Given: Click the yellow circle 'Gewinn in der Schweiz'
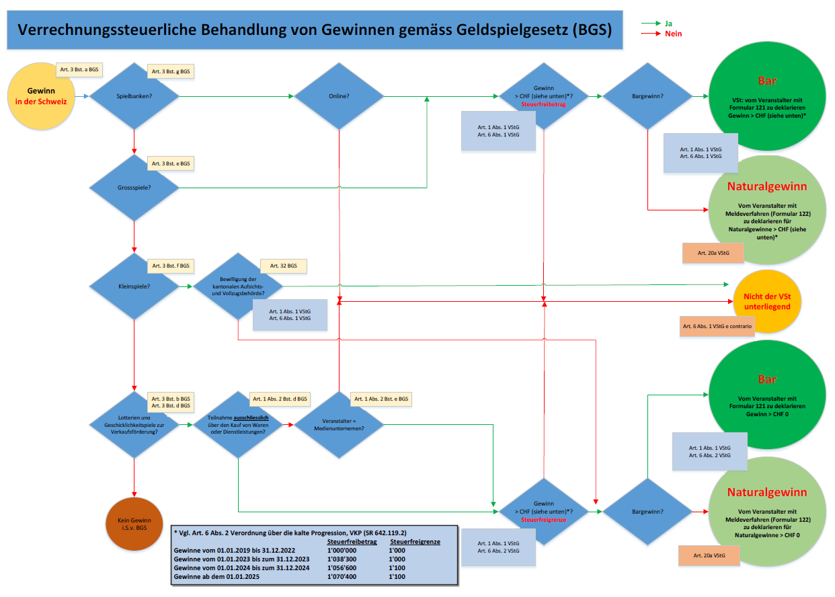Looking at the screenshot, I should [x=41, y=95].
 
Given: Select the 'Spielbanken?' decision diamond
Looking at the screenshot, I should [x=134, y=96].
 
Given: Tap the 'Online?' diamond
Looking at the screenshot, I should [x=339, y=96].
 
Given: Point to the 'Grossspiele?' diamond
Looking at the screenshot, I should [x=134, y=188].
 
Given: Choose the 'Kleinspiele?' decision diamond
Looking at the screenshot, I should [x=134, y=286].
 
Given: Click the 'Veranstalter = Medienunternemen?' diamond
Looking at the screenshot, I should [x=339, y=424].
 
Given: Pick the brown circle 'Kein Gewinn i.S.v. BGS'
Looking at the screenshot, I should [x=134, y=524].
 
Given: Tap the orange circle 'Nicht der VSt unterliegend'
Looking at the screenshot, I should [x=766, y=301].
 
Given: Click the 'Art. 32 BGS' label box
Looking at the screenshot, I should [x=283, y=266].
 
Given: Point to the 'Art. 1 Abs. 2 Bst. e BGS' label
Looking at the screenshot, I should [x=381, y=399].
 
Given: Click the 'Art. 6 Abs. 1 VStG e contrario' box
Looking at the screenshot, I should [x=717, y=326].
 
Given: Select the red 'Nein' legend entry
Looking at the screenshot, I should [x=672, y=33].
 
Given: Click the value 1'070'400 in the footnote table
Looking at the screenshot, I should [x=342, y=576].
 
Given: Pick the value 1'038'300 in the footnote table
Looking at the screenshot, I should [x=342, y=558].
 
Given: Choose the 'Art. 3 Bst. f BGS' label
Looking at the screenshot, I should [x=171, y=266].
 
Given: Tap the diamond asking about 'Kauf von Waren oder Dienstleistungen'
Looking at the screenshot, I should [x=238, y=424].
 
